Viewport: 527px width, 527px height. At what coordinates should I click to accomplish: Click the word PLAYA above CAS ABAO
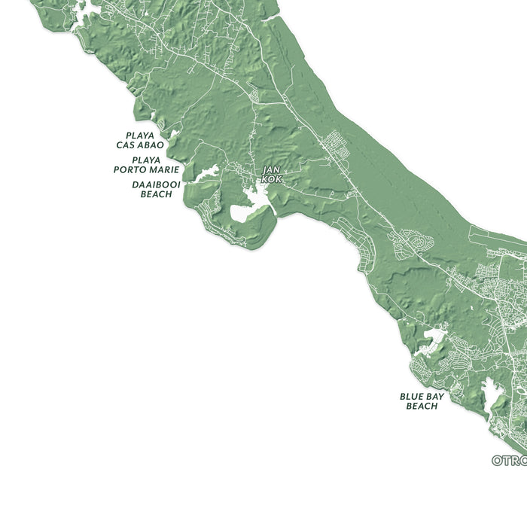point(141,136)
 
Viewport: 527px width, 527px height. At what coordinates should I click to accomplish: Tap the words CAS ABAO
point(140,145)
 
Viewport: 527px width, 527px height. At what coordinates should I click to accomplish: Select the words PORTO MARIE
point(147,169)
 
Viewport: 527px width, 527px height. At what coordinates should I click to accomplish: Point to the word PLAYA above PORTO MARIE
point(146,160)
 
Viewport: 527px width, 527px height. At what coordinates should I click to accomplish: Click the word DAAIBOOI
point(156,184)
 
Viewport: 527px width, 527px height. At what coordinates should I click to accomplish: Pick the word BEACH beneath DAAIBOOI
point(156,194)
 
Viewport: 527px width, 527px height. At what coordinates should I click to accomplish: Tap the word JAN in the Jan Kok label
point(271,171)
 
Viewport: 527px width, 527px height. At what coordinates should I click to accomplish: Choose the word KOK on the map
point(272,179)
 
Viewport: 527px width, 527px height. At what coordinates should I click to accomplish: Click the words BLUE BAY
point(422,396)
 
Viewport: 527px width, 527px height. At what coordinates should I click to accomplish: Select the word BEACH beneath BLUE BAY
point(422,407)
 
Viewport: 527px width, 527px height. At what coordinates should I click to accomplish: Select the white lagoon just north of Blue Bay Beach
point(434,336)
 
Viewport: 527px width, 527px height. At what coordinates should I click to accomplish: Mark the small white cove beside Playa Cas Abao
point(174,135)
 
